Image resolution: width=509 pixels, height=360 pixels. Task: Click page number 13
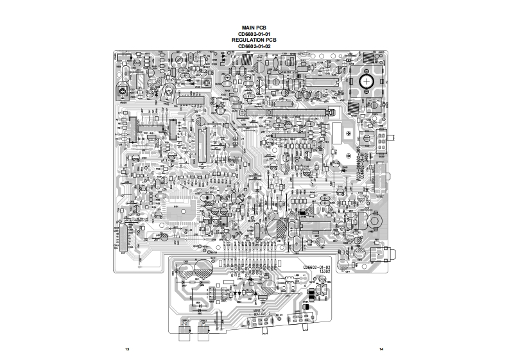click(x=127, y=348)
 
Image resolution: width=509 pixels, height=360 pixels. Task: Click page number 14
click(x=381, y=348)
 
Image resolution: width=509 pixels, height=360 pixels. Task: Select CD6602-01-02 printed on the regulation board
click(x=316, y=266)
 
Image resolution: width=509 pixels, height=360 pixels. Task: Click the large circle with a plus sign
click(x=367, y=81)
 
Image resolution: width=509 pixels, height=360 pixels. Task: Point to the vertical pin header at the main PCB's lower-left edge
click(x=119, y=239)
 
